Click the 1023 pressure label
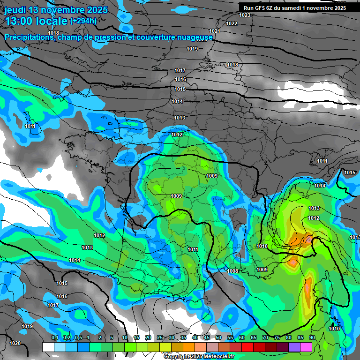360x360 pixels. (245, 15)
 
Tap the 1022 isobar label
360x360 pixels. (232, 23)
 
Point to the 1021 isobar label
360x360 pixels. (215, 31)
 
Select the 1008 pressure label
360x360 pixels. (232, 271)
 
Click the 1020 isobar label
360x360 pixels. (15, 343)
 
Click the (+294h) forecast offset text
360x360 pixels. (83, 21)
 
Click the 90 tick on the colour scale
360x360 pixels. (312, 338)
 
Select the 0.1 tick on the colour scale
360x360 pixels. (54, 338)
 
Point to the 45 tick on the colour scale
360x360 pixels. (207, 338)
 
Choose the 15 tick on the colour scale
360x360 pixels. (136, 338)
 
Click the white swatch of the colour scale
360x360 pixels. (48, 347)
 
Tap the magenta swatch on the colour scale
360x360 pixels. (306, 347)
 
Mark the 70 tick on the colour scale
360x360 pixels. (265, 338)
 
